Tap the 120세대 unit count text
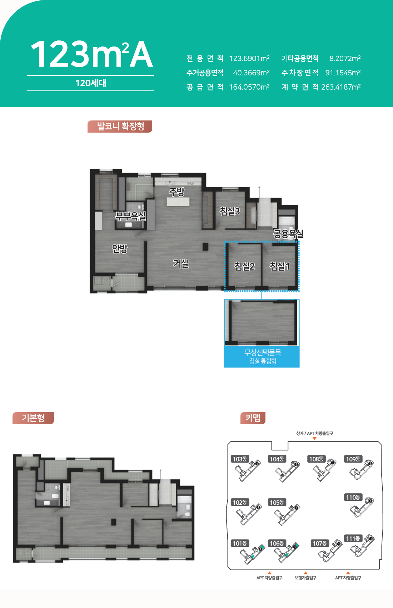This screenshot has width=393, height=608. coord(91,83)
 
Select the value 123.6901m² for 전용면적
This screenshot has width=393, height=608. coord(249,58)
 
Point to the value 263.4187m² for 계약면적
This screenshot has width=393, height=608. coord(341,87)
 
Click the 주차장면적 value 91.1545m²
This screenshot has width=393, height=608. coord(343,73)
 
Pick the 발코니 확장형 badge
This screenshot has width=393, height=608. coord(120,127)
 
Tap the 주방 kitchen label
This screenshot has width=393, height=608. coord(177,192)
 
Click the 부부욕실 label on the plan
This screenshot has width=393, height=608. coord(131,216)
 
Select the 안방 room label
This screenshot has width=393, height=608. coord(120,248)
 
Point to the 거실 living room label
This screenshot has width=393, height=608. coord(181,263)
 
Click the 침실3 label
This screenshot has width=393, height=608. coord(230,211)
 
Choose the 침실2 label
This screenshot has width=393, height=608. coord(245,266)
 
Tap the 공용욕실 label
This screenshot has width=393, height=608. coord(288,234)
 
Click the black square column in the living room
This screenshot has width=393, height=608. coord(205,247)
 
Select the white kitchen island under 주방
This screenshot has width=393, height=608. coord(178,202)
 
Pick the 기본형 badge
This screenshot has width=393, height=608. coord(33,418)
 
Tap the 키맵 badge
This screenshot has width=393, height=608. coord(253,418)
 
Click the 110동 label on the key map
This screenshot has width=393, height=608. coord(353,497)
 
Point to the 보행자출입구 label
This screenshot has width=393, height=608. coord(306,578)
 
